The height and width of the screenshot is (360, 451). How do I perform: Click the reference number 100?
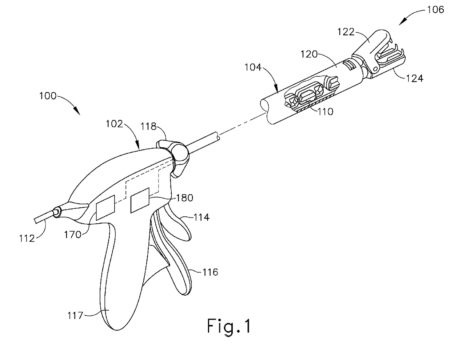pos(48,96)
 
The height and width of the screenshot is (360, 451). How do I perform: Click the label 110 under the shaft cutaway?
pos(325,111)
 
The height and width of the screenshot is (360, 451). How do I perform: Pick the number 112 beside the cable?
pos(27,238)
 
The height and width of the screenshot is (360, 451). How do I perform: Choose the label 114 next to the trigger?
pos(201,217)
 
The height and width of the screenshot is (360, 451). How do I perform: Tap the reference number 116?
pos(210,272)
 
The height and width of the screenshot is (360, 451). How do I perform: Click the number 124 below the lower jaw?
pos(415,77)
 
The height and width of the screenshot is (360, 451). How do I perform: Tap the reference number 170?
pos(73,235)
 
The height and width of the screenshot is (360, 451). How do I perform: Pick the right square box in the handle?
pos(140,200)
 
